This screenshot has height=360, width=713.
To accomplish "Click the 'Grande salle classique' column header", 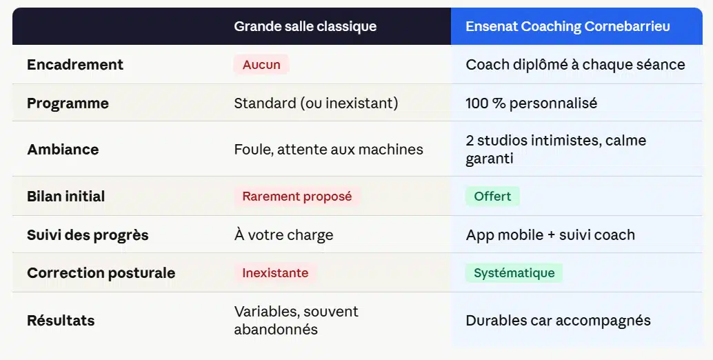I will click(x=305, y=27).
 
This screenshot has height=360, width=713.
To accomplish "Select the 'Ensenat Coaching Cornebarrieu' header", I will click(x=568, y=27).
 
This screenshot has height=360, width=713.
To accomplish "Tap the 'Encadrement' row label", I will click(x=75, y=65).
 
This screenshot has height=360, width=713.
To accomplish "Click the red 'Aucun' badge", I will click(x=261, y=65).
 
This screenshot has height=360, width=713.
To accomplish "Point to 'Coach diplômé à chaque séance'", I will click(x=575, y=65).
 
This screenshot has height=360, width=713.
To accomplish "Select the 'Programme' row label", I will click(x=68, y=103).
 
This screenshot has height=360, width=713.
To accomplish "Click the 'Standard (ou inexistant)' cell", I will click(x=316, y=103).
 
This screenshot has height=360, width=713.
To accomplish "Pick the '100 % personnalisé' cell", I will click(x=532, y=103).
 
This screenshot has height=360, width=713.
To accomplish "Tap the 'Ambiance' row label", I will click(x=63, y=150).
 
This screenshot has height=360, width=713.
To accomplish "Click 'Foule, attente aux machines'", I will click(x=328, y=150).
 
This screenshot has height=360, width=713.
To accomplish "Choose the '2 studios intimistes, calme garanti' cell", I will click(x=556, y=150).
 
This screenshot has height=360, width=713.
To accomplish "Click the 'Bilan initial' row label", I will click(x=66, y=197).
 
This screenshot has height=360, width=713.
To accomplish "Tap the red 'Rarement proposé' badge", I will click(x=297, y=197).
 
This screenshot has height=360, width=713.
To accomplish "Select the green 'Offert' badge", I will click(x=492, y=197).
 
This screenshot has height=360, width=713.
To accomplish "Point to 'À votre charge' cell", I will click(x=283, y=235).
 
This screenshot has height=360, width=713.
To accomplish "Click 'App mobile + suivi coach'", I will click(x=550, y=235).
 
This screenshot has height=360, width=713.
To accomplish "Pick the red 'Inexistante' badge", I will click(x=275, y=273).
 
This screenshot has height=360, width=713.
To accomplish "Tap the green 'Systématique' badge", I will click(x=514, y=273).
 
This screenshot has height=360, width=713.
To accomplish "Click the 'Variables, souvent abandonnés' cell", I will click(x=296, y=320).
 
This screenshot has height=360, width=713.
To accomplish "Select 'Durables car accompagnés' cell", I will click(x=558, y=321).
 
